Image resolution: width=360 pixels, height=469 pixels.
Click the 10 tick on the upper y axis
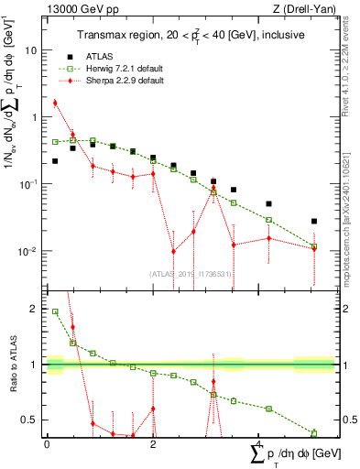[34, 50]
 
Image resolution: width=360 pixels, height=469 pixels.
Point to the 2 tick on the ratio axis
[37, 309]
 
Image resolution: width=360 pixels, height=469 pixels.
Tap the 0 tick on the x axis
[47, 444]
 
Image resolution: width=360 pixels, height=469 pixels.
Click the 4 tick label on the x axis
[259, 444]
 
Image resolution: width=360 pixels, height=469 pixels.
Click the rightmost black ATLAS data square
[314, 222]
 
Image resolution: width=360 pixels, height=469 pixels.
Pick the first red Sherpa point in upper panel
[56, 103]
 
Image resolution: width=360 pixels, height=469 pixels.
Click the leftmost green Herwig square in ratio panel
[56, 311]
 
